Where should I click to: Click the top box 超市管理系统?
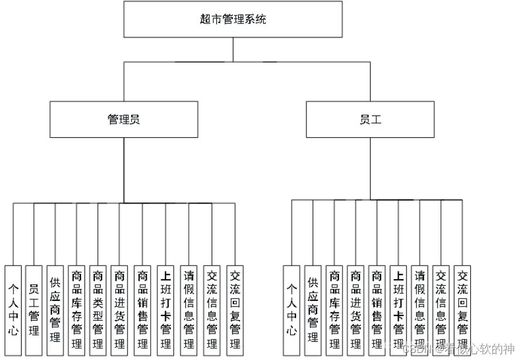pos(233,19)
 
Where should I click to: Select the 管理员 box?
pos(123,120)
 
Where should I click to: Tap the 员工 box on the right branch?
pos(370,120)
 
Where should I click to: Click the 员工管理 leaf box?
pos(34,309)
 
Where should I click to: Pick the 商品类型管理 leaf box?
pos(97,309)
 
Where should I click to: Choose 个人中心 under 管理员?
pos(13,309)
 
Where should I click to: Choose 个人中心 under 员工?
pos(291,309)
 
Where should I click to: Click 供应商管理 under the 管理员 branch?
pos(55,309)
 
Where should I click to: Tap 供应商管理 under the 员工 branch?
pos(313,309)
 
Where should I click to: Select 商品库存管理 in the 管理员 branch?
pos(76,309)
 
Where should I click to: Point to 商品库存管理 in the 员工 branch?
pos(334,309)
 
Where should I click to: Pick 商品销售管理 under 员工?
pos(377,309)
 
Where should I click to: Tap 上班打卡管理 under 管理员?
pos(165,309)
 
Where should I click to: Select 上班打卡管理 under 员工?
pos(398,309)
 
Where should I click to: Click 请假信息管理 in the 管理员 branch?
pos(188,309)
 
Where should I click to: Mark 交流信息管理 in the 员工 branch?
pos(441,309)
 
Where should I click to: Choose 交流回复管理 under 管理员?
pos(235,309)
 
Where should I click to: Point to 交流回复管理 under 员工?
pos(462,309)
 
